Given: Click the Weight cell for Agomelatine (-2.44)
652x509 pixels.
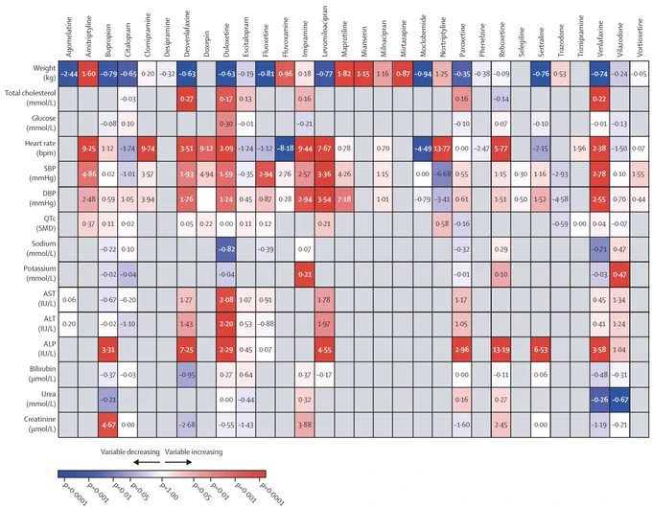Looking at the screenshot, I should point(68,74).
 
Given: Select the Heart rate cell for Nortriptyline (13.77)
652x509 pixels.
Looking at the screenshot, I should point(443,148).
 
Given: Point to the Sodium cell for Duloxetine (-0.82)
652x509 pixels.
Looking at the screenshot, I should point(226,248).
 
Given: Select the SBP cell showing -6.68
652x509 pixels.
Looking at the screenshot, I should point(443,174).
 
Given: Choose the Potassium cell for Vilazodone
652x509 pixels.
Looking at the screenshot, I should point(620,273).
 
